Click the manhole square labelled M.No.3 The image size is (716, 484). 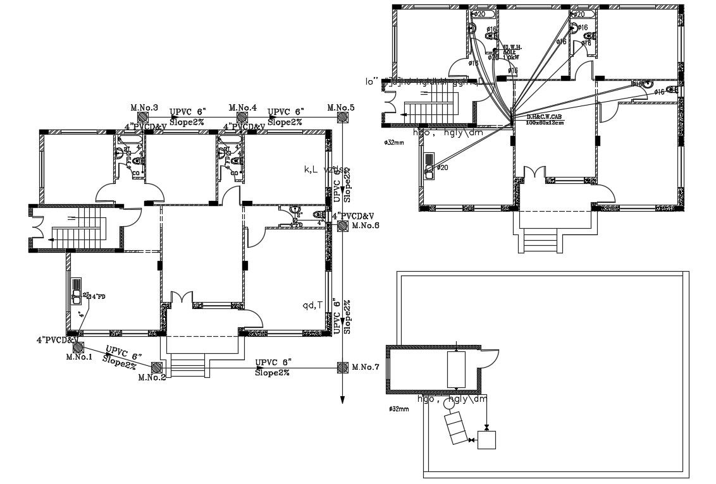(144, 118)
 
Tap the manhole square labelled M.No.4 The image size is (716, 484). (242, 118)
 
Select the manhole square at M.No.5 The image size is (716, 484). (342, 118)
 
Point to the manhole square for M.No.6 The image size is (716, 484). (342, 226)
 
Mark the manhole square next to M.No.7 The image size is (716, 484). (342, 367)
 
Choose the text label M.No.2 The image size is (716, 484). (152, 378)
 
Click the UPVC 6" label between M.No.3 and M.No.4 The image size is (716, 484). (187, 114)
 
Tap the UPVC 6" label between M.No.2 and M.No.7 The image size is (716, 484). (273, 363)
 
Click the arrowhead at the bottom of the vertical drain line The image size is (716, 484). (342, 399)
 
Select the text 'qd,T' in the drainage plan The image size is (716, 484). (312, 305)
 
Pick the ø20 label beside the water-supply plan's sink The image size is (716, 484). (442, 167)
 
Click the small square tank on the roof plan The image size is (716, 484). (486, 439)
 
